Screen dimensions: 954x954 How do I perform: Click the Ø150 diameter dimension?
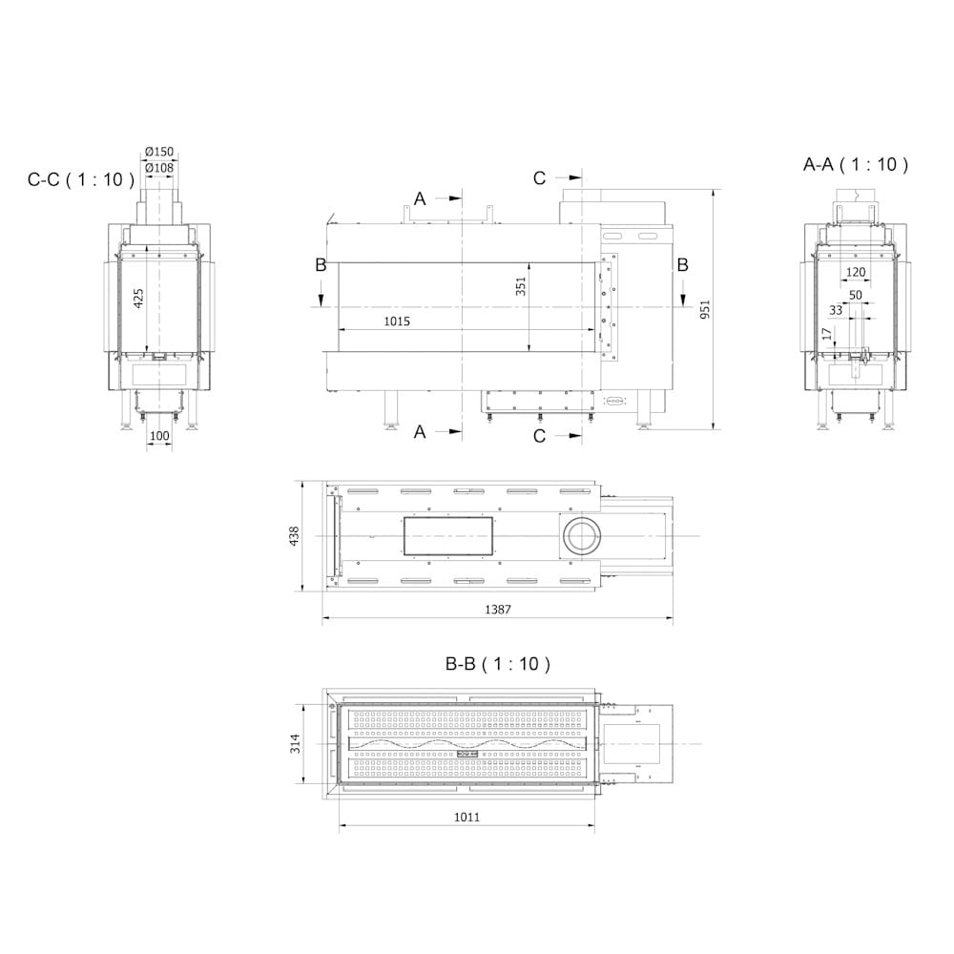[x=159, y=152]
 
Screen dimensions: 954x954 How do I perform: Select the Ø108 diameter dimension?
[x=159, y=168]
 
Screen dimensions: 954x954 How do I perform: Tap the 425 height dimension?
[x=138, y=298]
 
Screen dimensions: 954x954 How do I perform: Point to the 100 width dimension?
[x=159, y=436]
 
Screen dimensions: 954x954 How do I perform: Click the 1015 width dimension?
[x=397, y=321]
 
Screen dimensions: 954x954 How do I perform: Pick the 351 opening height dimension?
[x=521, y=286]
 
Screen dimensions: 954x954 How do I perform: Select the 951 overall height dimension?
[x=705, y=310]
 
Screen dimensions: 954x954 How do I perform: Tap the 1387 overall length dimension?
[x=498, y=609]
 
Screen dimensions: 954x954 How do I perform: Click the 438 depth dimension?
[x=295, y=536]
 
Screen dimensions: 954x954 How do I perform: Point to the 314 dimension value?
[x=295, y=743]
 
